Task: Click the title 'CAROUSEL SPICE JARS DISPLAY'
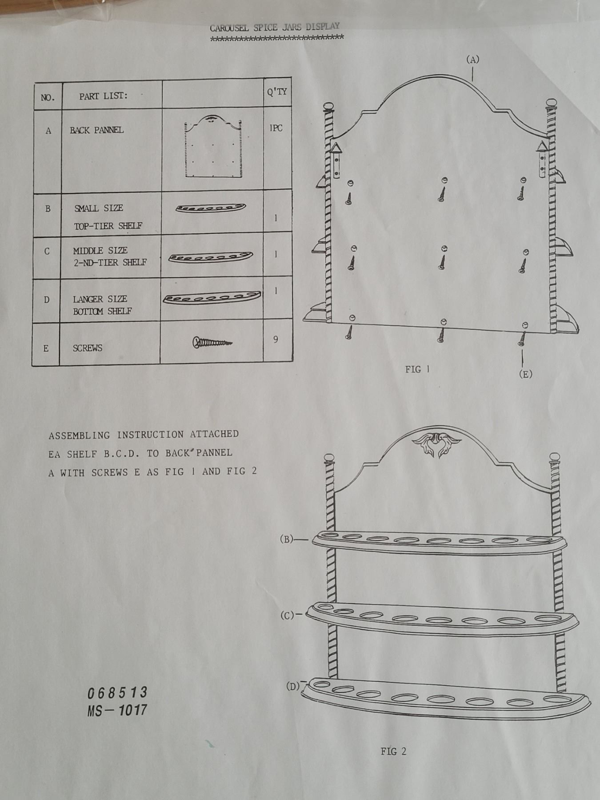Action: [275, 27]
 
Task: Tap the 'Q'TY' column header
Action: [277, 92]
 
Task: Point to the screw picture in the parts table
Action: [212, 342]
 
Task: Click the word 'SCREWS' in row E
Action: [88, 348]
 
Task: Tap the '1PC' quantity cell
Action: [276, 128]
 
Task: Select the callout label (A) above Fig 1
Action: [473, 60]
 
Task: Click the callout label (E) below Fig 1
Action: [525, 374]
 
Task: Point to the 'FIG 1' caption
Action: [417, 369]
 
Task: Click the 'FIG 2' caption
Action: [393, 751]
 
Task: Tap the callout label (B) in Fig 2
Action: [287, 539]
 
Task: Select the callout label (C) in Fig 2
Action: [287, 616]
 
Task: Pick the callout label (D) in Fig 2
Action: [293, 687]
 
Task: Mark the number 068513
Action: [117, 692]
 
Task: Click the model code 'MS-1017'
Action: [117, 710]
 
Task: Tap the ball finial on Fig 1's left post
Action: [329, 107]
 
